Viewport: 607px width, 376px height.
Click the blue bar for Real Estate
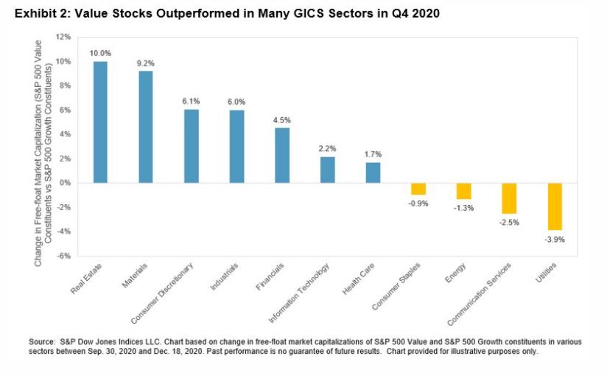pos(99,122)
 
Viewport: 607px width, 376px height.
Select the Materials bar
pos(145,127)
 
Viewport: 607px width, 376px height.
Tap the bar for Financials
pos(282,155)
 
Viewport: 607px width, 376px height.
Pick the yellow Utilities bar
pos(555,206)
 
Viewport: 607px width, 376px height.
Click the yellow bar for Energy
pos(463,191)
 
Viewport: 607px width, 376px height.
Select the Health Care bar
pos(373,173)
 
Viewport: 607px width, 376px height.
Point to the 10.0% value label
pos(99,54)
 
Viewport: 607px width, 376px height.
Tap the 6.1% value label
pos(191,102)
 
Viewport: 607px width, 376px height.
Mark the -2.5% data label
pos(509,221)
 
